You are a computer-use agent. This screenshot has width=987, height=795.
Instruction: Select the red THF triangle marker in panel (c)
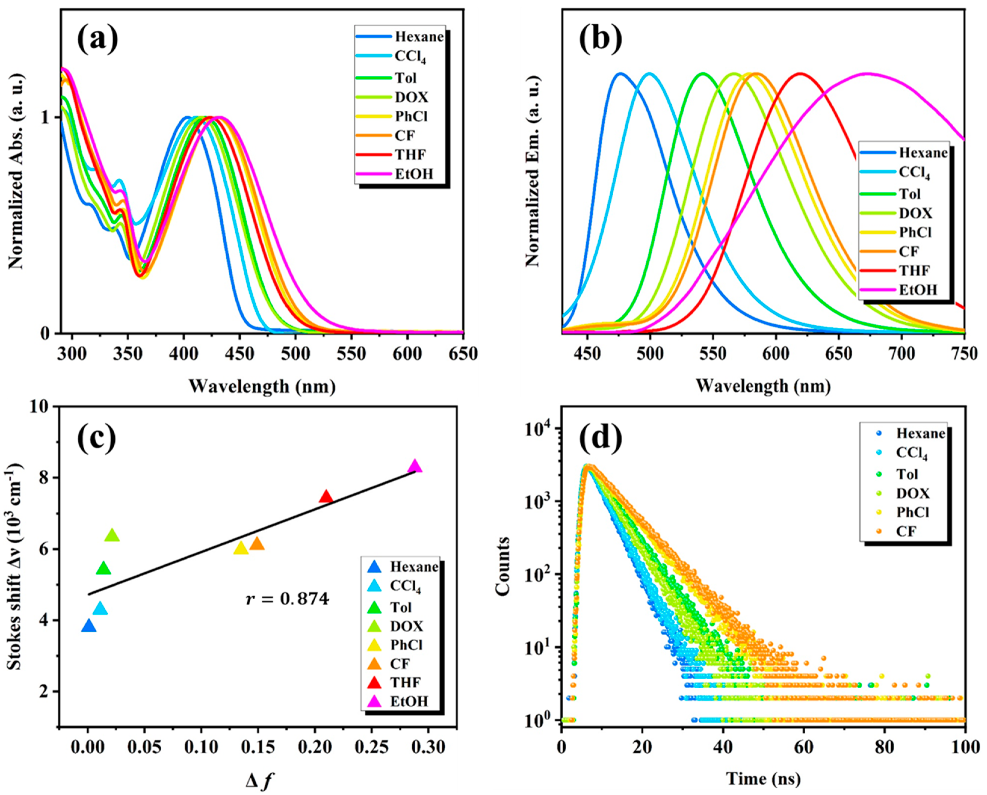(x=326, y=496)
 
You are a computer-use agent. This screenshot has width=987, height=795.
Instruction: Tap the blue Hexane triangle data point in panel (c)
(x=88, y=626)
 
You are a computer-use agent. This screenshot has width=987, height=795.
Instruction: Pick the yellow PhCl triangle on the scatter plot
(x=241, y=548)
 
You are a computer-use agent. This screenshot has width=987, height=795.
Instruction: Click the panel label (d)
(x=601, y=438)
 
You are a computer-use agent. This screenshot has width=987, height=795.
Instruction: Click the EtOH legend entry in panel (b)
(x=917, y=290)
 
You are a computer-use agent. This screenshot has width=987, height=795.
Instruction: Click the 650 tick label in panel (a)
(x=463, y=354)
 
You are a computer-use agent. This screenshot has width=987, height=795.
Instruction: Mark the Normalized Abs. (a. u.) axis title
(x=16, y=172)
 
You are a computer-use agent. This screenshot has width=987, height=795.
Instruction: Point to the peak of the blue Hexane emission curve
(x=620, y=73)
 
